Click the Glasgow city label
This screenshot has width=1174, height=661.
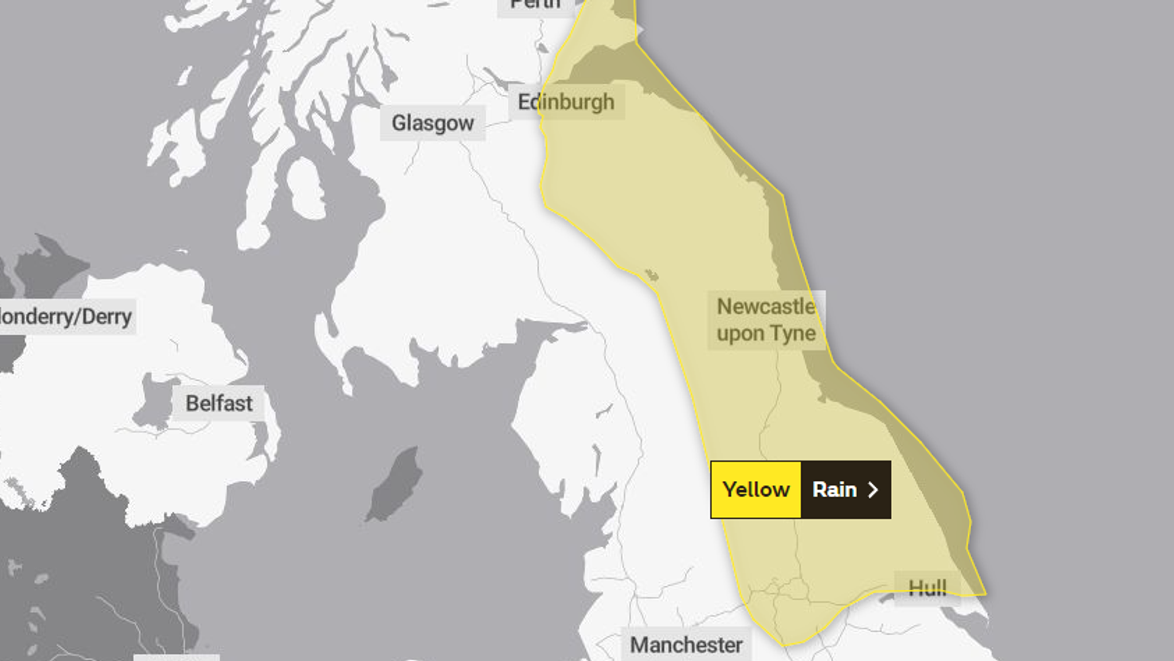433,123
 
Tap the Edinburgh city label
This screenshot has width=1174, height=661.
566,102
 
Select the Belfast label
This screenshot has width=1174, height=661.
218,403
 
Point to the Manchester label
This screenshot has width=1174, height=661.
686,645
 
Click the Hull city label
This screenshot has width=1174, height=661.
927,588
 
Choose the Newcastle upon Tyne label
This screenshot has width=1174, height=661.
766,320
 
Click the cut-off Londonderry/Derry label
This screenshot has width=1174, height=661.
66,317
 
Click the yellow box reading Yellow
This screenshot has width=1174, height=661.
756,489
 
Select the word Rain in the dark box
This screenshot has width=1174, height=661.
834,489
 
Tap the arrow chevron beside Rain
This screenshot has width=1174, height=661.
873,489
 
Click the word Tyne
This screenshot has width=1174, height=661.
793,333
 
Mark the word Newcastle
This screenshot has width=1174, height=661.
766,306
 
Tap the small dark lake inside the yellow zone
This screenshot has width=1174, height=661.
651,275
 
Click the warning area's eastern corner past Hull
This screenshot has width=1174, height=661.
985,594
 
